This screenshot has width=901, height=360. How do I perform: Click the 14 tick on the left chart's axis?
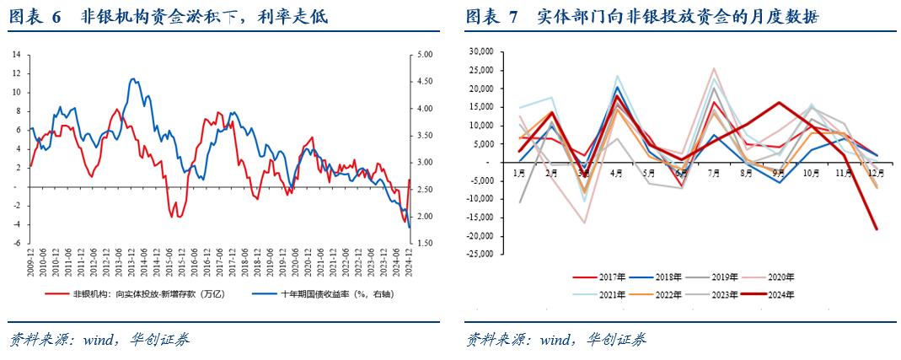pos(17,54)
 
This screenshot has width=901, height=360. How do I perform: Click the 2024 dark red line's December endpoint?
pos(876,228)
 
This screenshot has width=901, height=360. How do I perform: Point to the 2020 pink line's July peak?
pos(714,69)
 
